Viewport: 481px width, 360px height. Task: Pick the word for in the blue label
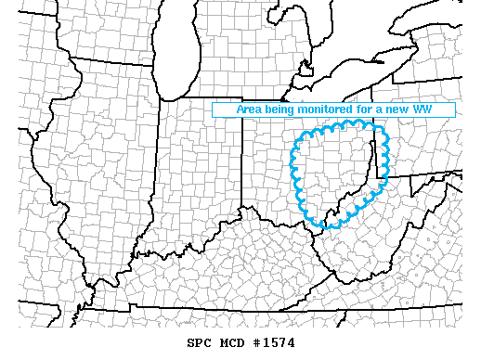point(370,109)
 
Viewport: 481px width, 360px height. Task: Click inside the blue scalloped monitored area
point(334,172)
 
